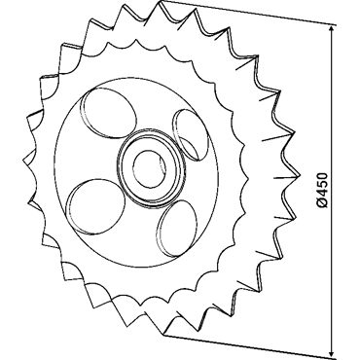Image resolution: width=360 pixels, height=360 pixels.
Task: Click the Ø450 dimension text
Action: [x=322, y=190]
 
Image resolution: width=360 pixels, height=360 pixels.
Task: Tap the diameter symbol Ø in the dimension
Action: [x=322, y=202]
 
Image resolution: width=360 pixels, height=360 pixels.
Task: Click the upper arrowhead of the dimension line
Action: [x=331, y=30]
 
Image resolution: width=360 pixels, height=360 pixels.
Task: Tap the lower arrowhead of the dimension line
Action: [x=331, y=350]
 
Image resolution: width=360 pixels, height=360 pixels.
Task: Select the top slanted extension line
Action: [x=248, y=13]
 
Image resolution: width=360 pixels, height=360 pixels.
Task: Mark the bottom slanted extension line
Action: [x=250, y=346]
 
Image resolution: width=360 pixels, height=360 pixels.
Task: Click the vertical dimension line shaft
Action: [x=331, y=191]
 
